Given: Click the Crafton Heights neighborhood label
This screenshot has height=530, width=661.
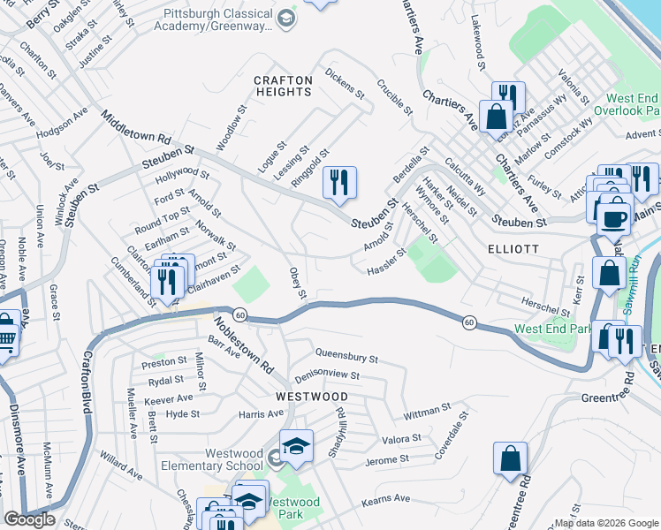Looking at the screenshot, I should [x=284, y=86].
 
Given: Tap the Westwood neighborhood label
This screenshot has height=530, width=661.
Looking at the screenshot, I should [x=311, y=397].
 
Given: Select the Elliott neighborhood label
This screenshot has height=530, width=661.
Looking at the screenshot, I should [x=513, y=249].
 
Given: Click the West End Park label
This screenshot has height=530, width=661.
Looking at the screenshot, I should [x=553, y=329].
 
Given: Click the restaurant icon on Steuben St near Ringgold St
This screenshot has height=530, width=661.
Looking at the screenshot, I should [x=339, y=183].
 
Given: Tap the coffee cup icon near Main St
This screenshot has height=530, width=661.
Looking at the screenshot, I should [x=614, y=217].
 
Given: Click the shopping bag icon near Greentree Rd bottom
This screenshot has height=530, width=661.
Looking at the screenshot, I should [x=511, y=458].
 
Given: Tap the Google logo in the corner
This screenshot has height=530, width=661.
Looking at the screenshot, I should [x=29, y=519].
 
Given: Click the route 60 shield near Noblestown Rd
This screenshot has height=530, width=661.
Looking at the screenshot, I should [x=239, y=314].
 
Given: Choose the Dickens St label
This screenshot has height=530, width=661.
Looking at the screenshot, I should [x=345, y=82].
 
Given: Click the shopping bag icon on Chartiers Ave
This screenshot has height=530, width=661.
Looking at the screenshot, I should [x=496, y=116].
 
